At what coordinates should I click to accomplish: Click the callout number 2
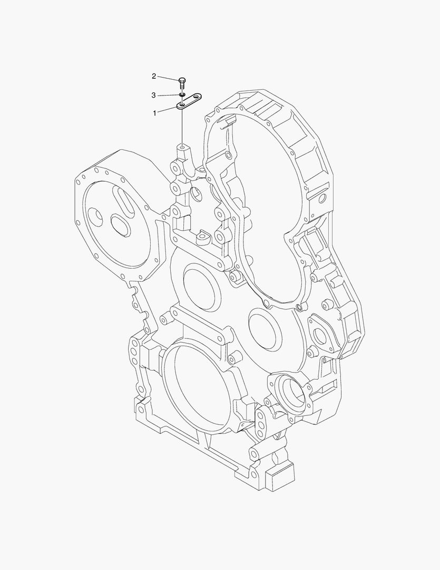(154, 77)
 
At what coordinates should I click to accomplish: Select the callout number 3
(154, 95)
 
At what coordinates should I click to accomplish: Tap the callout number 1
(154, 113)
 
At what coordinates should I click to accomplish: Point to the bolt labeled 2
(182, 82)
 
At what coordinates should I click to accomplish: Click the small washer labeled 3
(182, 94)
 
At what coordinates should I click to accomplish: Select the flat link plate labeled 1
(189, 102)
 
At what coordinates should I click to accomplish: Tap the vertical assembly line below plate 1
(182, 127)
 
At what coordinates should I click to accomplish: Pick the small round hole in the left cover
(96, 215)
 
